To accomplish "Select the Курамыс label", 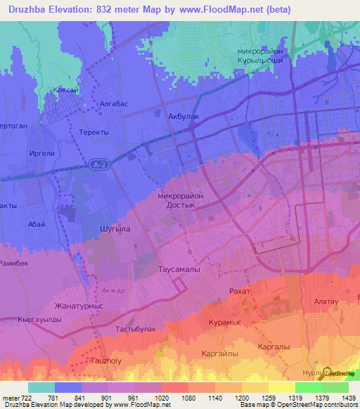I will coord(226,322).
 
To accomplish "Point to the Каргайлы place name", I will coord(219,353).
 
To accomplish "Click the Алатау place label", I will coord(326,301).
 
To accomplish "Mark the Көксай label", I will coord(65,91).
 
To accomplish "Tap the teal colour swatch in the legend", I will coord(41,387).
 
